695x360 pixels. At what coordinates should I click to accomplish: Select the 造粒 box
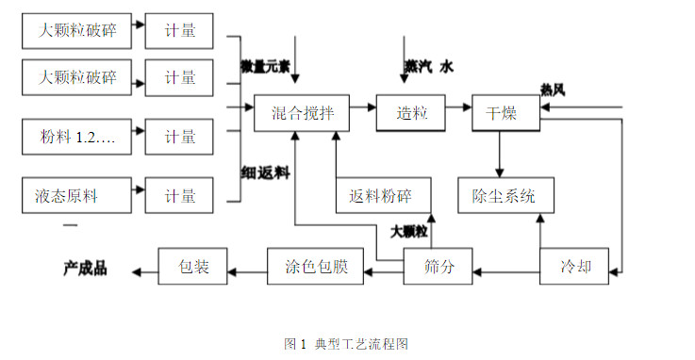click(x=410, y=113)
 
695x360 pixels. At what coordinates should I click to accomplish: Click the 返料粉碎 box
click(x=386, y=196)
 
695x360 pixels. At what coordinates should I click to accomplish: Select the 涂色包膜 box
click(x=316, y=267)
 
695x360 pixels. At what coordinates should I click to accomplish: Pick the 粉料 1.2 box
click(x=75, y=137)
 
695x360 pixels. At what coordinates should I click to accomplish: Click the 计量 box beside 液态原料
click(x=179, y=196)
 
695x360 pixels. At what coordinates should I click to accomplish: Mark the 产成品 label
click(x=86, y=269)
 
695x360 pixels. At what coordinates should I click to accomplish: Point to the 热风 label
click(x=553, y=90)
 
